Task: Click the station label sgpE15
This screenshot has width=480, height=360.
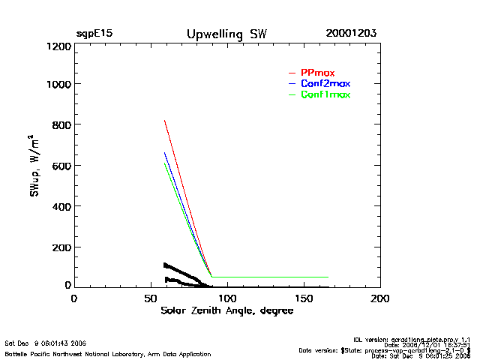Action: [94, 34]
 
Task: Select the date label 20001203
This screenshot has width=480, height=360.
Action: [351, 34]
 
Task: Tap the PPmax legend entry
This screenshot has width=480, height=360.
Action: [317, 72]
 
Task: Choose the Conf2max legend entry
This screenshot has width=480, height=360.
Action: [325, 83]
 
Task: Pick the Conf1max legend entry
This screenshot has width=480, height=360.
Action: [325, 94]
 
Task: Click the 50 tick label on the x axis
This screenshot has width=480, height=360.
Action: [150, 298]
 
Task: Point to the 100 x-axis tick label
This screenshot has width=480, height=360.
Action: [226, 298]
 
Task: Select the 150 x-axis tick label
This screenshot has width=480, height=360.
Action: [304, 298]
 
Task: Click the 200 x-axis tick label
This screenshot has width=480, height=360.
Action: [380, 298]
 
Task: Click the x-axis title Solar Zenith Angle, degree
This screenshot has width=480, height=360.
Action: [227, 310]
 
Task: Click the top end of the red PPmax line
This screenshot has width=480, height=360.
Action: [164, 120]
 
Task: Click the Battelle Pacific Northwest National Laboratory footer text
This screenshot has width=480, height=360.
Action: [108, 353]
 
